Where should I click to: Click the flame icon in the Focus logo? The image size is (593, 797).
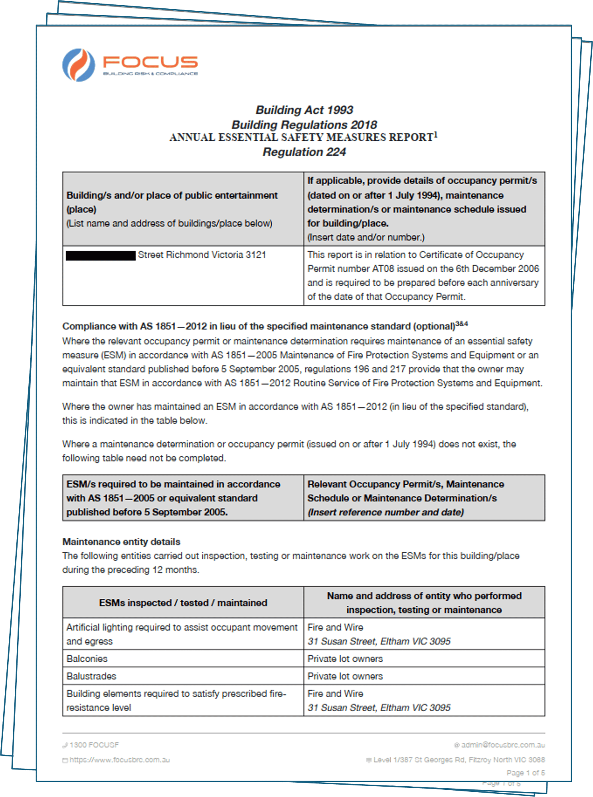pyautogui.click(x=79, y=65)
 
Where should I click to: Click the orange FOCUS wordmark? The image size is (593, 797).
pyautogui.click(x=150, y=62)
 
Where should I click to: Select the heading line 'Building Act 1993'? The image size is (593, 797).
pyautogui.click(x=304, y=110)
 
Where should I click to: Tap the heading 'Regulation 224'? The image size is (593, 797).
pyautogui.click(x=304, y=152)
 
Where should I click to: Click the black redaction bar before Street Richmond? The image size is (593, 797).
pyautogui.click(x=101, y=255)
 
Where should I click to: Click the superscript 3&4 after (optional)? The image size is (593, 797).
pyautogui.click(x=461, y=324)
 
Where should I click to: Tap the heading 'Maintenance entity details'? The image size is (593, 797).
pyautogui.click(x=121, y=542)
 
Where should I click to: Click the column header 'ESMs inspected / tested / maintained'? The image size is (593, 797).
pyautogui.click(x=183, y=603)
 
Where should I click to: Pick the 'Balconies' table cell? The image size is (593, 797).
pyautogui.click(x=87, y=659)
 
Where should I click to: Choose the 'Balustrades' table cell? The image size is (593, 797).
pyautogui.click(x=91, y=676)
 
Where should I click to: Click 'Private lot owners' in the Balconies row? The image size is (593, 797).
pyautogui.click(x=345, y=659)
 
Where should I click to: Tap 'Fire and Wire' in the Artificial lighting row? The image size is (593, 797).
pyautogui.click(x=335, y=627)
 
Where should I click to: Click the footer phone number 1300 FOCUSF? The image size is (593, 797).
pyautogui.click(x=94, y=745)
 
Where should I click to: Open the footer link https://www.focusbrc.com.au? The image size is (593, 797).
pyautogui.click(x=119, y=760)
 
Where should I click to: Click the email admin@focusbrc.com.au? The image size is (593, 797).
pyautogui.click(x=503, y=745)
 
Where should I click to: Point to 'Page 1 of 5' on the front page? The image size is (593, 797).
pyautogui.click(x=525, y=773)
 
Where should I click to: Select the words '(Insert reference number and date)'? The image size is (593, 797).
pyautogui.click(x=385, y=512)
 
